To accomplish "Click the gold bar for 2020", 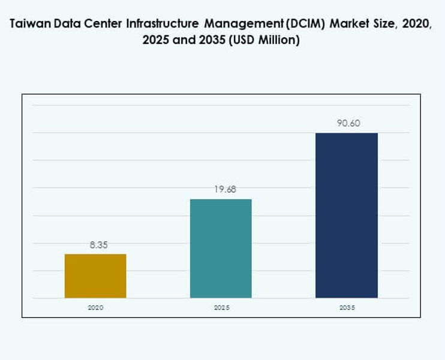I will point(95,275).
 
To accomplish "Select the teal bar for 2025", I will point(221,248).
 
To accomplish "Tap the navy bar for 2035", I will point(346,215).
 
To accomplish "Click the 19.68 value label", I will point(221,190).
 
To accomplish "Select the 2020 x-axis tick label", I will point(95,307).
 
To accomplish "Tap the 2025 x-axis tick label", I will point(221,307).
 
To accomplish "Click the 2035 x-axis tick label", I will point(347,307).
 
